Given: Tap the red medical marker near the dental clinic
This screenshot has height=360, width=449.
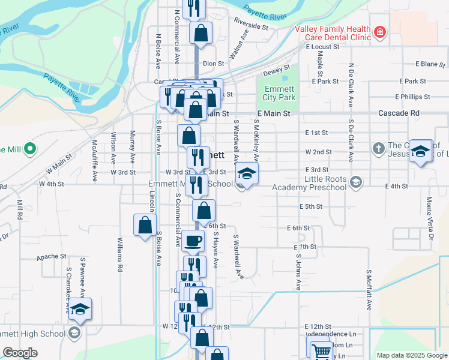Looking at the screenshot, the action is [x=379, y=32].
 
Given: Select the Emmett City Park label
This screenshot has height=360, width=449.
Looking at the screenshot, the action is [x=280, y=94].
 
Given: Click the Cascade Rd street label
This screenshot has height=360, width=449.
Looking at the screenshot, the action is [x=399, y=113].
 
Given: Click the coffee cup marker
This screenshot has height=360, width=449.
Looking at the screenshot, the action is [x=193, y=241].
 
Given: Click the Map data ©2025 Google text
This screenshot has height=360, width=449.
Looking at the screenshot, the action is [x=411, y=355].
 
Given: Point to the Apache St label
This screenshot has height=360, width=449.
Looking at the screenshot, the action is [x=51, y=256].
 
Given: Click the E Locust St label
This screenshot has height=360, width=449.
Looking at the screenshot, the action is [x=322, y=46].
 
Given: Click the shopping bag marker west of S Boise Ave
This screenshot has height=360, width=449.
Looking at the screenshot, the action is [x=145, y=226].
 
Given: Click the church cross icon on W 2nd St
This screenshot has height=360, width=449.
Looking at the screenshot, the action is [x=378, y=148].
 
